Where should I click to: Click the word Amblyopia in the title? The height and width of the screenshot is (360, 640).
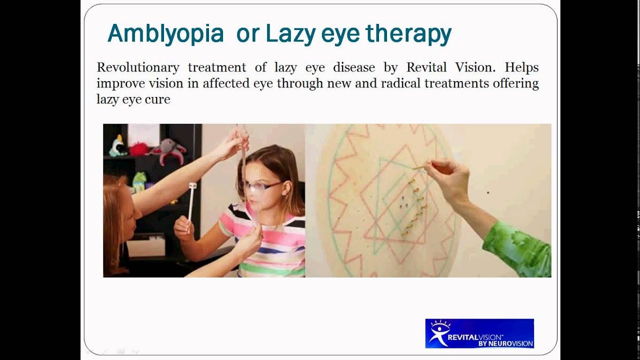(x=165, y=34)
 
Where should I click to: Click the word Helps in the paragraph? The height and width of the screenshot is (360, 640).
(x=521, y=67)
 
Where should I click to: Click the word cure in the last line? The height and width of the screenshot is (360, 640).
(x=159, y=99)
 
